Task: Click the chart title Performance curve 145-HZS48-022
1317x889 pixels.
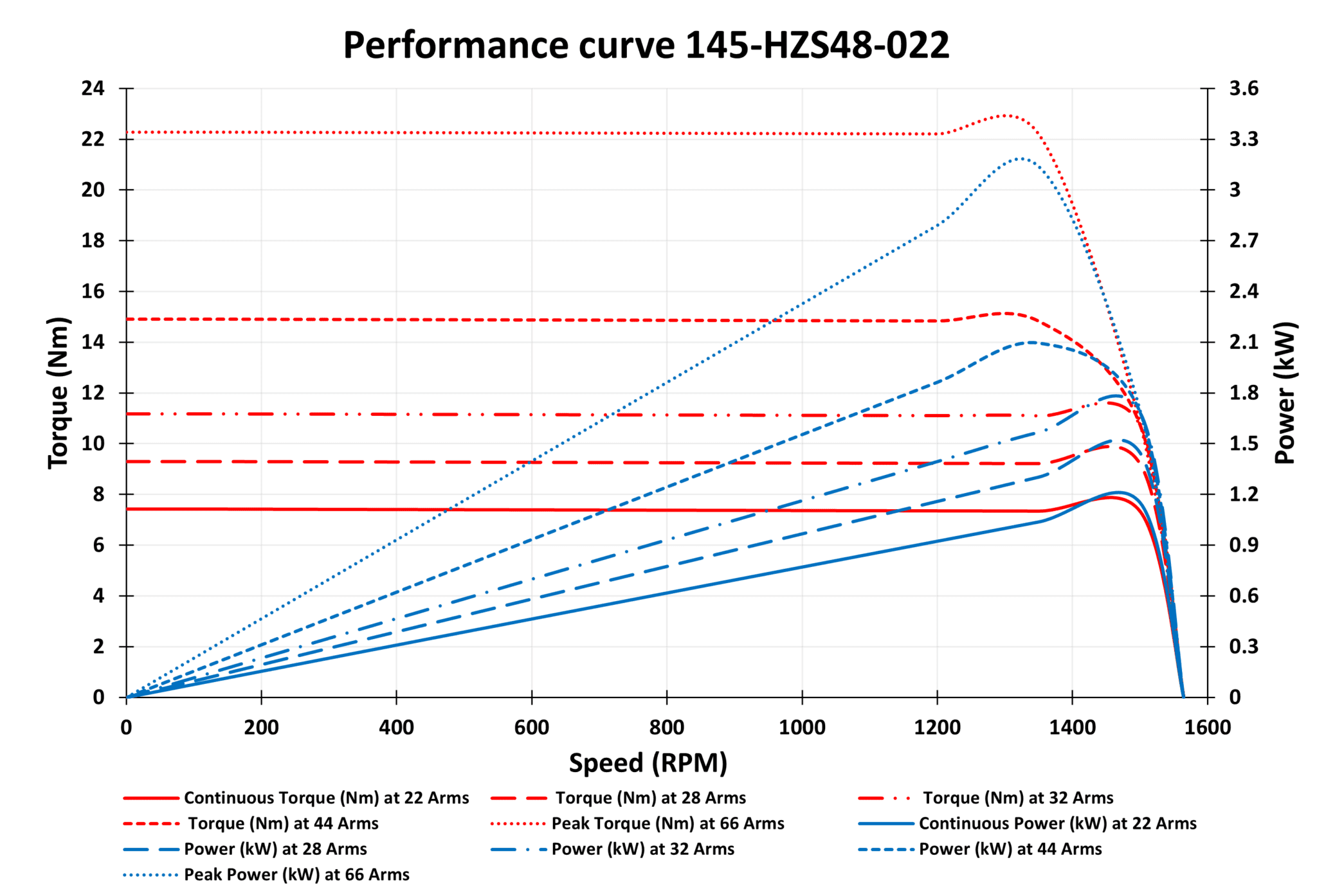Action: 646,45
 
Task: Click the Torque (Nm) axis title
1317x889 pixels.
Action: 59,392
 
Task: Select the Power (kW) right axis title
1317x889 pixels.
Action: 1285,392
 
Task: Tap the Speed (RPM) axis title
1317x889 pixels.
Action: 648,763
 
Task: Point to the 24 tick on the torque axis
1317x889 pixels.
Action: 93,88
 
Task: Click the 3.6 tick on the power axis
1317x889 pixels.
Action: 1244,88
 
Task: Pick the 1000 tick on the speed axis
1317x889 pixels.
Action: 802,728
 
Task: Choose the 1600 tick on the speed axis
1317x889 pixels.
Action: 1207,728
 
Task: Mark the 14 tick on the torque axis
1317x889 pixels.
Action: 93,342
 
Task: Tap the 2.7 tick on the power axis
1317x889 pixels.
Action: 1244,240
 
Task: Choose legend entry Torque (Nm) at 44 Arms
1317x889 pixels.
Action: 283,823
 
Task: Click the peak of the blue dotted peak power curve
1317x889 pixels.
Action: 1020,158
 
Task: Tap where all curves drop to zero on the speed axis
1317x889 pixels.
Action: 1183,697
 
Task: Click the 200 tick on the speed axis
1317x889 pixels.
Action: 261,728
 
